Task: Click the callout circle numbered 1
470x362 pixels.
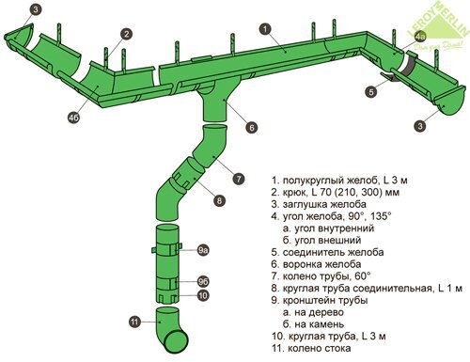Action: (265, 29)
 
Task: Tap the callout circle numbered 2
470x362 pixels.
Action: (126, 34)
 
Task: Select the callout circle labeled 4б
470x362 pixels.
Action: (74, 118)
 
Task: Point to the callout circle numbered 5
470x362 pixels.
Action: (371, 92)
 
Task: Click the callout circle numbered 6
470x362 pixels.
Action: (252, 127)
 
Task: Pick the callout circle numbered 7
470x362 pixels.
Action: (239, 179)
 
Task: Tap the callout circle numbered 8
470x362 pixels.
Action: (219, 200)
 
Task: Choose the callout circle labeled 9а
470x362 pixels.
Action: (204, 250)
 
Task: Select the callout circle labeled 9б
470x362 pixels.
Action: (204, 281)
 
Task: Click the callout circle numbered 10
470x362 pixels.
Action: (203, 295)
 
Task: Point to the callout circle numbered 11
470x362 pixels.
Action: (135, 322)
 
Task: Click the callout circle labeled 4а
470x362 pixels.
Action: (420, 37)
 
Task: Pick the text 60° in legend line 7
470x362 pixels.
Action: (363, 275)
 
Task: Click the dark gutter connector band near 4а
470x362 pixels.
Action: (409, 64)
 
